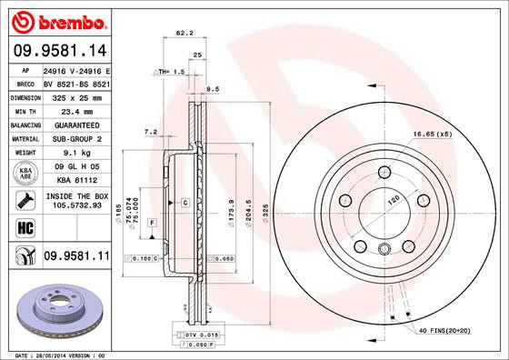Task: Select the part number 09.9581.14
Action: [58, 52]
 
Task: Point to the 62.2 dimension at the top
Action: [184, 34]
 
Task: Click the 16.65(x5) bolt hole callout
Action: [432, 135]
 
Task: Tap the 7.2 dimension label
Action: [151, 133]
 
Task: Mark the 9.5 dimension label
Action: [214, 89]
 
